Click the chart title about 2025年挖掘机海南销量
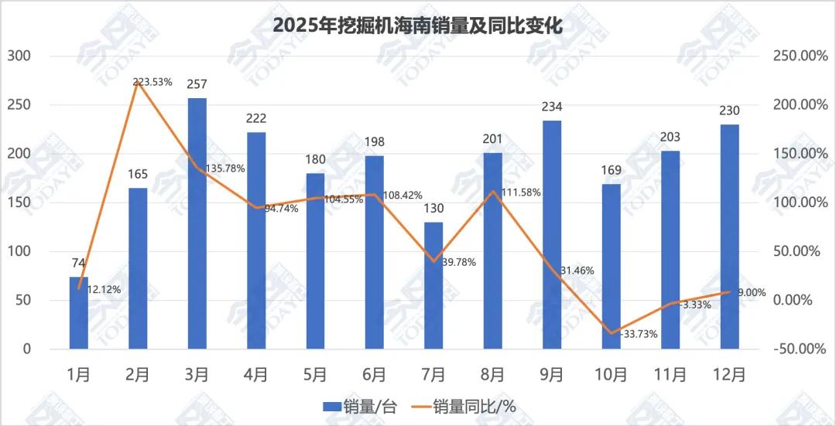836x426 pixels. coord(417,25)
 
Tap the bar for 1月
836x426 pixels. coord(79,312)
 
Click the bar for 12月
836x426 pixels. coord(729,236)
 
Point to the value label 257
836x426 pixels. coord(197,84)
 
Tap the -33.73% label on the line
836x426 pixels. coord(639,334)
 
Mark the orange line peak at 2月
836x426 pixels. coord(138,81)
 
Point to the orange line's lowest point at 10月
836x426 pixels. coord(611,333)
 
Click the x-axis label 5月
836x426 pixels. coord(315,374)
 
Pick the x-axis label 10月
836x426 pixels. coord(611,374)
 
